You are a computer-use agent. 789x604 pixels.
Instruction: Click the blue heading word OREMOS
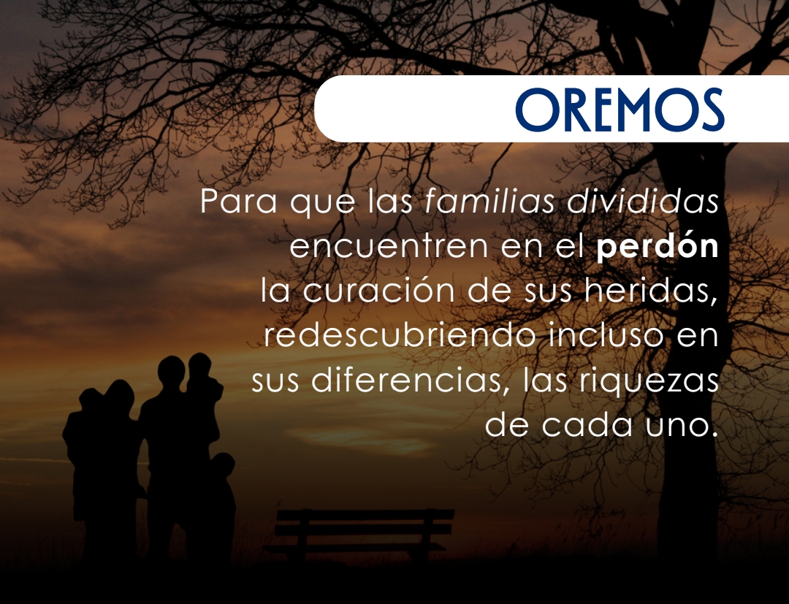pyautogui.click(x=620, y=110)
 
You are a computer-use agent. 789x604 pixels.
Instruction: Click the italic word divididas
pyautogui.click(x=643, y=201)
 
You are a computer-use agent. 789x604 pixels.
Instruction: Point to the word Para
pyautogui.click(x=238, y=201)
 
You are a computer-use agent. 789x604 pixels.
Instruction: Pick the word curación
pyautogui.click(x=378, y=290)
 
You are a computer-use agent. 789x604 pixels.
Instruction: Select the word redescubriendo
pyautogui.click(x=399, y=335)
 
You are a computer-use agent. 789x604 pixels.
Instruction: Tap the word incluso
pyautogui.click(x=606, y=335)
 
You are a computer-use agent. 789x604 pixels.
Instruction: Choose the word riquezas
pyautogui.click(x=649, y=381)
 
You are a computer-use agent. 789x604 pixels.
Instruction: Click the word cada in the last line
pyautogui.click(x=587, y=424)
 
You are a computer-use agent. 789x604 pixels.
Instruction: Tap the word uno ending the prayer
pyautogui.click(x=681, y=426)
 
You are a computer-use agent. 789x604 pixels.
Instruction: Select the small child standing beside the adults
pyautogui.click(x=221, y=503)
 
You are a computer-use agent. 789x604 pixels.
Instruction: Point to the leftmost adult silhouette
pyautogui.click(x=103, y=467)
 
